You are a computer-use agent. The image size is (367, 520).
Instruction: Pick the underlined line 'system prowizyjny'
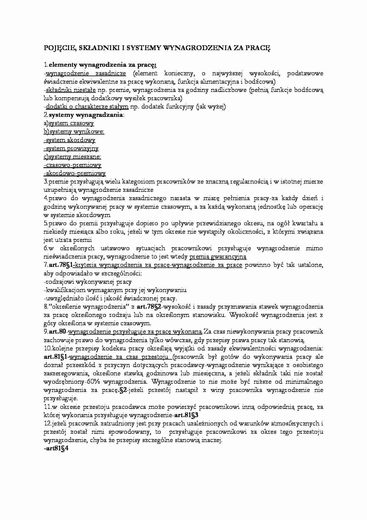tap(72, 148)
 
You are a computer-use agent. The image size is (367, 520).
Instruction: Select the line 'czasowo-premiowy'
tap(73, 165)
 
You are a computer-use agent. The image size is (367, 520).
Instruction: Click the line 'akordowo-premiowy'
tap(75, 173)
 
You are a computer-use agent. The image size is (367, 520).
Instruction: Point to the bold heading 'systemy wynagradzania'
tap(86, 115)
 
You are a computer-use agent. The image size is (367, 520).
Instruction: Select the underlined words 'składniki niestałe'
tap(71, 90)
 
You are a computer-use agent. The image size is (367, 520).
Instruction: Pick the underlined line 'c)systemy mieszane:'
tap(72, 157)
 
